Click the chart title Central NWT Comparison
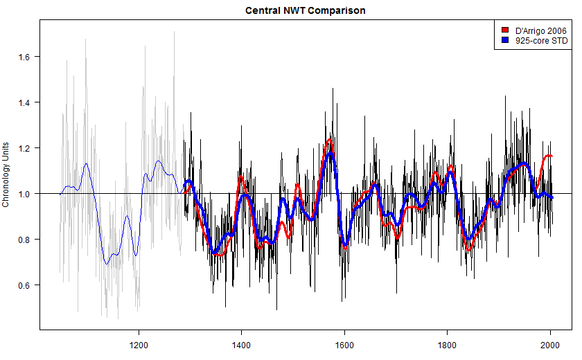[306, 11]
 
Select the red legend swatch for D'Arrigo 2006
[506, 30]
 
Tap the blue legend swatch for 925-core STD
[506, 42]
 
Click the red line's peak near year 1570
[330, 140]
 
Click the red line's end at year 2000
[551, 156]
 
